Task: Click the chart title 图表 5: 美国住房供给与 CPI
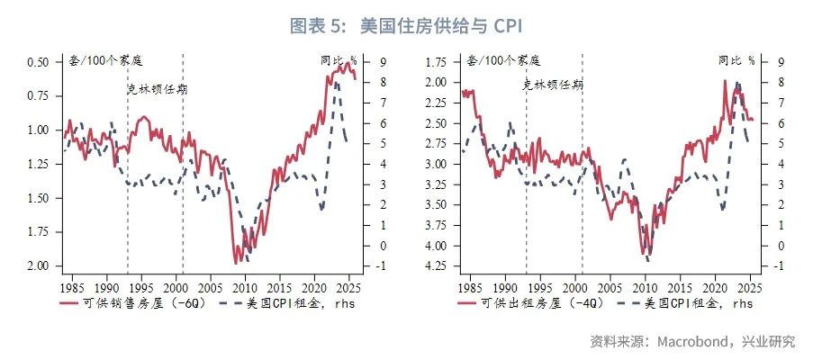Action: click(405, 25)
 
